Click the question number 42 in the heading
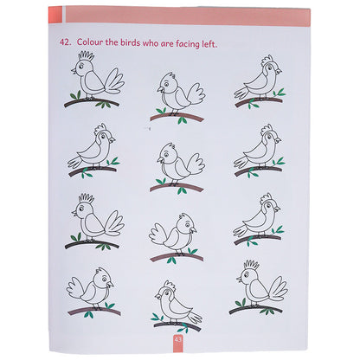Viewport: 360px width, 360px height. (x=65, y=42)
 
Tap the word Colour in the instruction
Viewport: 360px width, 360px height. (x=90, y=42)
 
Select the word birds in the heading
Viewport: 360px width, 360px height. (x=131, y=43)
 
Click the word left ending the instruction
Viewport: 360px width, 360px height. (x=209, y=44)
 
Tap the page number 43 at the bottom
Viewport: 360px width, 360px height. (x=177, y=339)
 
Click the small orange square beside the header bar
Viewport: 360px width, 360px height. (x=55, y=14)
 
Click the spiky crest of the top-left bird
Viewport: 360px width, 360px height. (x=87, y=56)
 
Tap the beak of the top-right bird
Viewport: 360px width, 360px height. (x=279, y=71)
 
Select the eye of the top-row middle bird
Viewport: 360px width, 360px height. (x=167, y=83)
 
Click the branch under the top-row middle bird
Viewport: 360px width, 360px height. (x=177, y=117)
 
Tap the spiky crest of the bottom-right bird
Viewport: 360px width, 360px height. (x=251, y=265)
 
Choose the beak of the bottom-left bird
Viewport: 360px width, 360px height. (x=110, y=284)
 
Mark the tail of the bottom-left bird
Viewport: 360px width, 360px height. (x=76, y=288)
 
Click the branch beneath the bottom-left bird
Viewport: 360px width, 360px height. (x=94, y=311)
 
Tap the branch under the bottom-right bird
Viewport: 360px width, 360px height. (x=255, y=309)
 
